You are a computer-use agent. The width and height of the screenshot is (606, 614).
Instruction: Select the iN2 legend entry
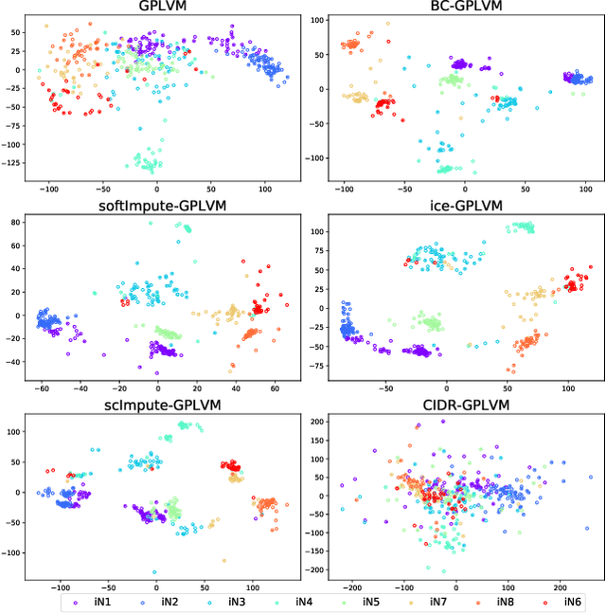coord(164,601)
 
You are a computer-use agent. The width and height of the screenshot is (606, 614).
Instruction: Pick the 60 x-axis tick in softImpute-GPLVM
coord(274,387)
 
